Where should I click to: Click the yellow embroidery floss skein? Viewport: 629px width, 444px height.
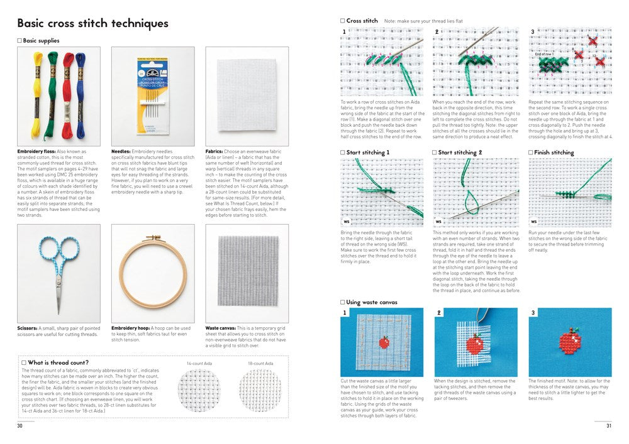(38, 91)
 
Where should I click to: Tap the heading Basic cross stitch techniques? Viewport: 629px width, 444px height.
(93, 24)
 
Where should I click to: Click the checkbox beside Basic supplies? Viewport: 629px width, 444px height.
(19, 41)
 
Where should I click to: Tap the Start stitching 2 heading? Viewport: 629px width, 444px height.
(460, 153)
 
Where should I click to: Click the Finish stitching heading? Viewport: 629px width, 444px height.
(554, 153)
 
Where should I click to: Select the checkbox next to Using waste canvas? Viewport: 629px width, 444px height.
(343, 302)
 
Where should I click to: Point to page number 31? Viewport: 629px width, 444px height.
(608, 426)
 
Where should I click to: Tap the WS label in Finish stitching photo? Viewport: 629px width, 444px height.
(535, 221)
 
